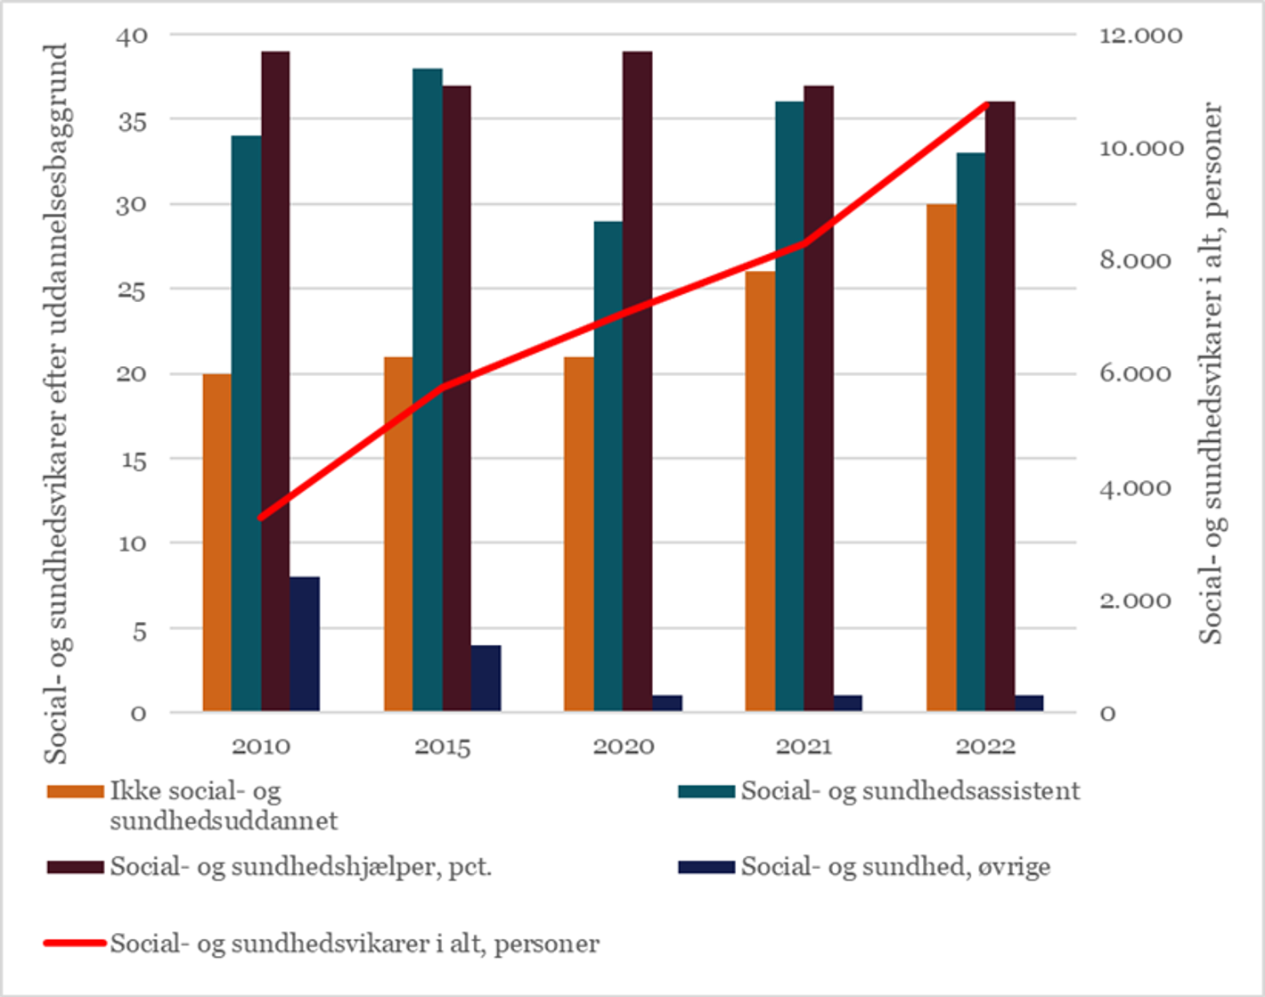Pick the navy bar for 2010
click(305, 644)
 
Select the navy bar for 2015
click(486, 678)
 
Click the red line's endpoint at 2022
click(986, 104)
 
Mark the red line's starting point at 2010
click(261, 517)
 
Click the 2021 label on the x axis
click(804, 747)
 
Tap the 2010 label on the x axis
click(261, 747)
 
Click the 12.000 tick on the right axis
click(1140, 36)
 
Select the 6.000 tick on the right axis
click(1135, 374)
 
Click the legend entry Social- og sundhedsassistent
click(910, 791)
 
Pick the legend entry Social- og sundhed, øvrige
click(895, 867)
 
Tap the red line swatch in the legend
click(75, 943)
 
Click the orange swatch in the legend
click(75, 792)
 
